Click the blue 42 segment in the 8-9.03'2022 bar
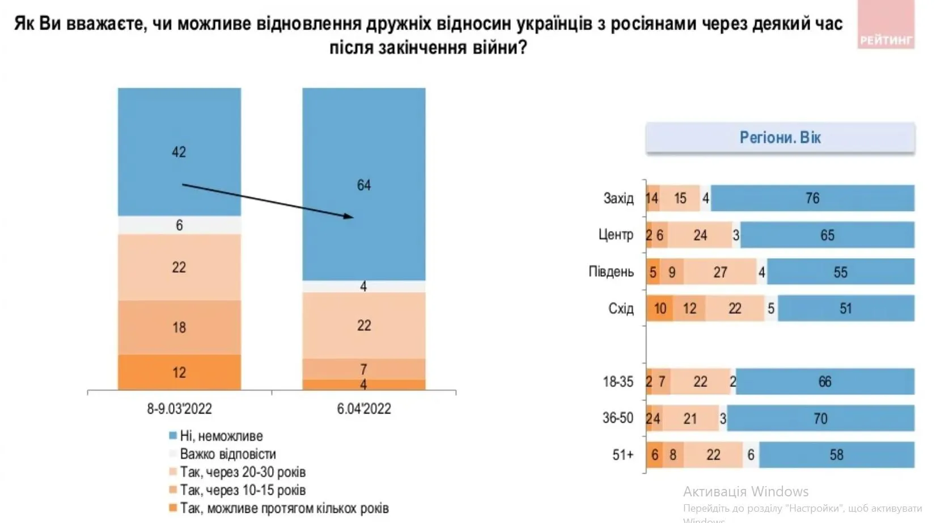tap(179, 151)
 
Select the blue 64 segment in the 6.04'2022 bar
tap(363, 184)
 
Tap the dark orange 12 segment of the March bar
tap(179, 372)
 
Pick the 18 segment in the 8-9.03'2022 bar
tap(179, 327)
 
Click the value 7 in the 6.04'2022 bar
tap(363, 369)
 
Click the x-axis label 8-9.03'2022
tap(179, 408)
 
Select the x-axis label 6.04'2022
tap(363, 408)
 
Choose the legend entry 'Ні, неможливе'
tap(221, 436)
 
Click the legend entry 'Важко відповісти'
tap(227, 454)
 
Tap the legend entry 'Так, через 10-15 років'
tap(242, 490)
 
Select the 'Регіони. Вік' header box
tap(780, 138)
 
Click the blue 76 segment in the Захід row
tap(812, 198)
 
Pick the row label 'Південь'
tap(611, 272)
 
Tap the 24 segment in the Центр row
tap(700, 235)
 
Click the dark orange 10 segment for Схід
tap(660, 309)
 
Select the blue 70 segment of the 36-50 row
tap(820, 419)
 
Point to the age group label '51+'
tap(622, 455)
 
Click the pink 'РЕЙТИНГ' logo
tap(886, 26)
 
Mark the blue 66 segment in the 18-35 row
tap(824, 382)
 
